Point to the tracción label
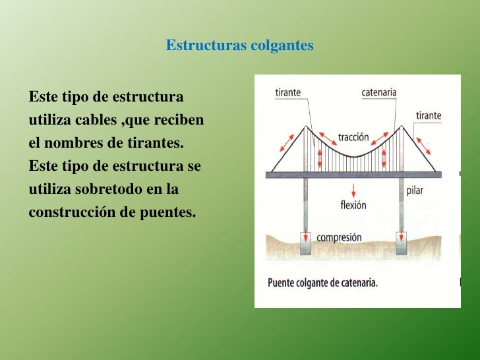[x=353, y=138]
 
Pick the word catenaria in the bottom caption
[x=365, y=284]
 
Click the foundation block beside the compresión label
[x=306, y=245]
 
